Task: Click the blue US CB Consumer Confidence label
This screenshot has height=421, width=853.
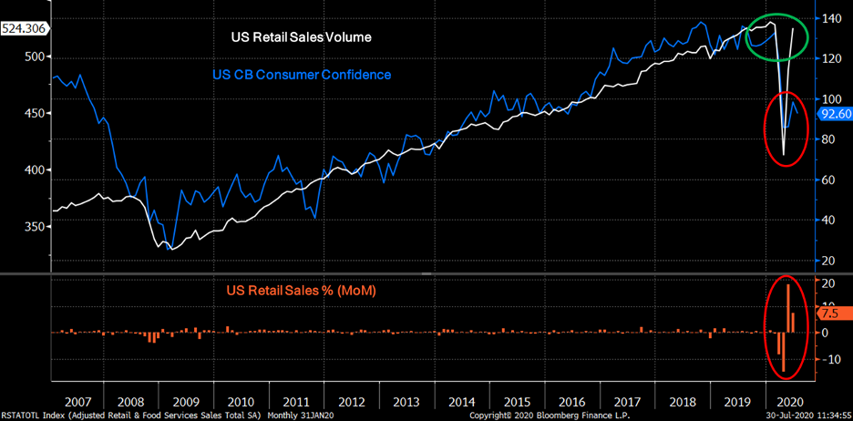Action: point(301,75)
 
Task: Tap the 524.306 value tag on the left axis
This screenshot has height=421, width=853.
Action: point(26,28)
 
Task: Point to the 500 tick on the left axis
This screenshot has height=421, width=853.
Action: point(35,56)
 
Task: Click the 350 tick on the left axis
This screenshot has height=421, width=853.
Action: point(35,227)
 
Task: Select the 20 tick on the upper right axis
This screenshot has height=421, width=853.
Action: point(827,261)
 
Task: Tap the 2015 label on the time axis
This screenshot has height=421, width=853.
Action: point(518,401)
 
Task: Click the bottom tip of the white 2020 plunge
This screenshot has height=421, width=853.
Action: point(784,155)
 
